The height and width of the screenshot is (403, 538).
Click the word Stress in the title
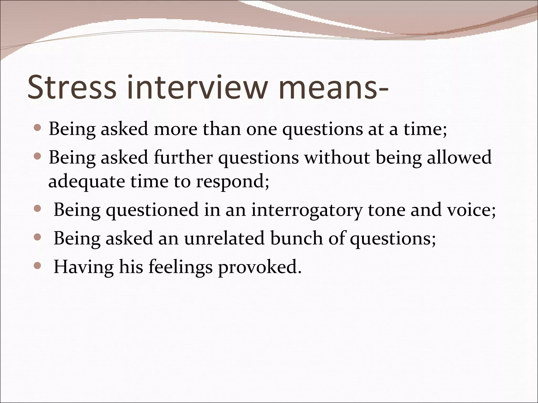(x=71, y=87)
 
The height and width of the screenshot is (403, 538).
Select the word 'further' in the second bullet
(x=183, y=157)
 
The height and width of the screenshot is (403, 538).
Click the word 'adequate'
(x=87, y=182)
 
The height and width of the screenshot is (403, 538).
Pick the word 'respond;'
(x=233, y=182)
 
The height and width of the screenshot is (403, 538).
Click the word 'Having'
(x=84, y=267)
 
